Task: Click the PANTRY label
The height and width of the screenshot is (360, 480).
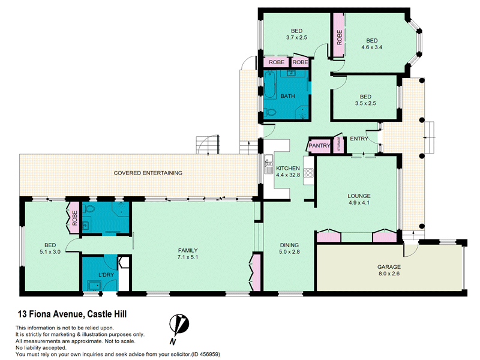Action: click(x=319, y=146)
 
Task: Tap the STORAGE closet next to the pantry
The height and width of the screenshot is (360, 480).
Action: click(x=338, y=144)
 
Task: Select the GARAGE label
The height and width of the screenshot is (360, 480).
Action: click(x=389, y=267)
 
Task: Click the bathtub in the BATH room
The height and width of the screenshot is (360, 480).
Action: click(x=270, y=85)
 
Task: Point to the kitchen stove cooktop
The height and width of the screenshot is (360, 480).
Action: click(x=308, y=173)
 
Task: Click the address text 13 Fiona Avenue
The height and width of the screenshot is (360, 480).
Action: click(x=50, y=314)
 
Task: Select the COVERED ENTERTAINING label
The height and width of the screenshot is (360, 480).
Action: click(x=148, y=173)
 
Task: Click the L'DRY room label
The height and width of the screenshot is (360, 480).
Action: click(x=106, y=275)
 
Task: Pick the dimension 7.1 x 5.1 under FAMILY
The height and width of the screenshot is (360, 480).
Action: click(x=188, y=257)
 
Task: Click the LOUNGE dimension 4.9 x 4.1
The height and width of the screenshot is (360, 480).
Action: click(x=359, y=203)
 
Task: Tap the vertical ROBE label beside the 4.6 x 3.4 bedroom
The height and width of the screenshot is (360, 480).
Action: click(x=339, y=37)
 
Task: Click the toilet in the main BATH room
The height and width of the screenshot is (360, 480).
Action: click(x=269, y=113)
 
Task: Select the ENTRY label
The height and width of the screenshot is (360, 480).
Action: click(x=359, y=139)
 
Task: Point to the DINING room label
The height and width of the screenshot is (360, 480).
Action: click(x=289, y=245)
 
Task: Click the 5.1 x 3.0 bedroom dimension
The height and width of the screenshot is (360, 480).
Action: click(x=50, y=252)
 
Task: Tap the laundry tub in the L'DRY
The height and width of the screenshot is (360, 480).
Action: click(x=94, y=286)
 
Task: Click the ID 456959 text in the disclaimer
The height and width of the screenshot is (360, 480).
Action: click(x=205, y=355)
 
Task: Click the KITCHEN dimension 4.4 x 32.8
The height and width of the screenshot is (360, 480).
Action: click(x=288, y=175)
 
